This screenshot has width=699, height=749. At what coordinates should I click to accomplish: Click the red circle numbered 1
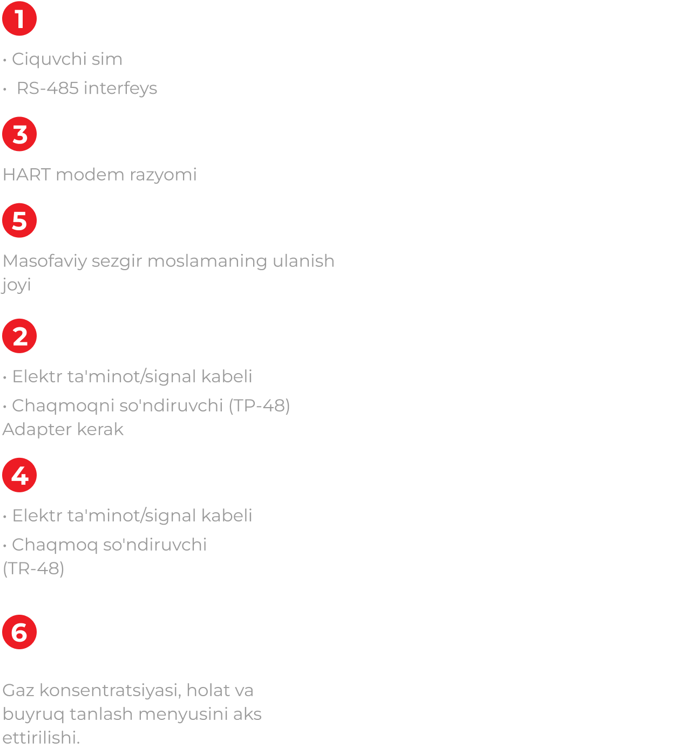pos(19,18)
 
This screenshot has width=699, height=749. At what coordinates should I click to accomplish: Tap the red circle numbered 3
pos(19,134)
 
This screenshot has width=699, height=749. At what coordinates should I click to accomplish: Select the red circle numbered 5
pos(19,221)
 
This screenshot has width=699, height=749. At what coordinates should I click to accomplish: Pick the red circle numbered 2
pos(19,336)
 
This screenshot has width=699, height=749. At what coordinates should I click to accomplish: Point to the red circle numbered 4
pos(19,475)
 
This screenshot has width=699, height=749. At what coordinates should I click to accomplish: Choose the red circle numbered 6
pos(19,632)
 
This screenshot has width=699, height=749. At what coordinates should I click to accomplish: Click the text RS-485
pos(47,88)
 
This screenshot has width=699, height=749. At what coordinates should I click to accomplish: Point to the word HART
pos(26,175)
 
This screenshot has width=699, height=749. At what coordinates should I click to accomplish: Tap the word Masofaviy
pos(45,261)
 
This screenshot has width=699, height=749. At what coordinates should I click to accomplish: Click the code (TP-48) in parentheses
pos(259,406)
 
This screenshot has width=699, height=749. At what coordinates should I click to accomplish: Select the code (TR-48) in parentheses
pos(33,568)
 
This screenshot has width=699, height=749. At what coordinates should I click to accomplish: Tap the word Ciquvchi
pos(49,59)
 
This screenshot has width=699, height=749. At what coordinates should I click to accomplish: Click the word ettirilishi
pos(41,738)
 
